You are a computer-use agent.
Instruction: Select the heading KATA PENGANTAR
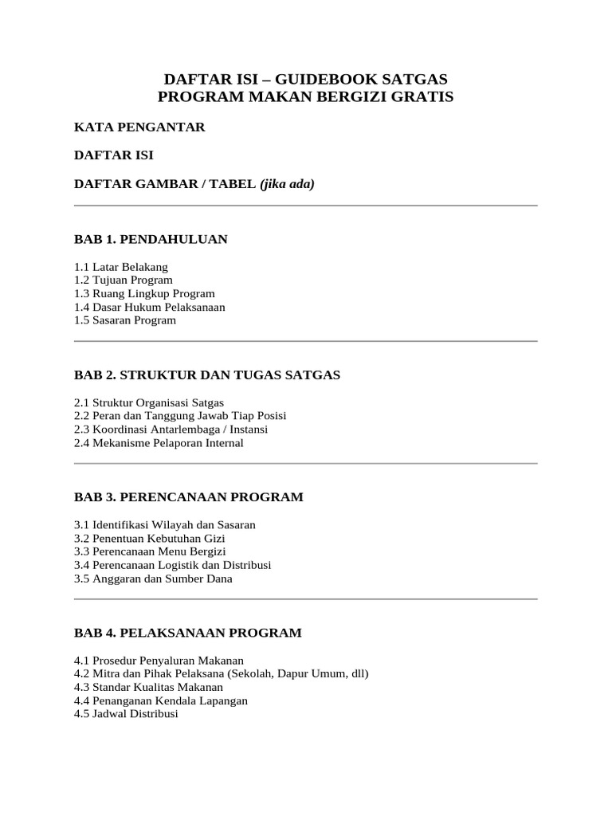tap(139, 127)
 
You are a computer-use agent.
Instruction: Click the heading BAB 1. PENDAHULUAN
tap(151, 239)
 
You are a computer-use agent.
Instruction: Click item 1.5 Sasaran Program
tap(125, 320)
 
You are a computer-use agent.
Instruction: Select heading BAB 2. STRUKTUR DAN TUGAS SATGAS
tap(207, 375)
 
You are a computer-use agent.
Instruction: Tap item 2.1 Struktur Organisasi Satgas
tap(149, 402)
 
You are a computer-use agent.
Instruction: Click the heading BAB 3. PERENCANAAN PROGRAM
tap(189, 497)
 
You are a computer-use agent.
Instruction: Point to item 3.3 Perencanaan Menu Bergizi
tap(150, 551)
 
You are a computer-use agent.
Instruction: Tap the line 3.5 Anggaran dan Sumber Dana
tap(153, 579)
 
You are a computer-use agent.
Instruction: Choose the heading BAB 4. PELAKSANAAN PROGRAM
tap(188, 633)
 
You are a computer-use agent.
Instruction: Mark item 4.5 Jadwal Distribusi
tap(126, 714)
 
